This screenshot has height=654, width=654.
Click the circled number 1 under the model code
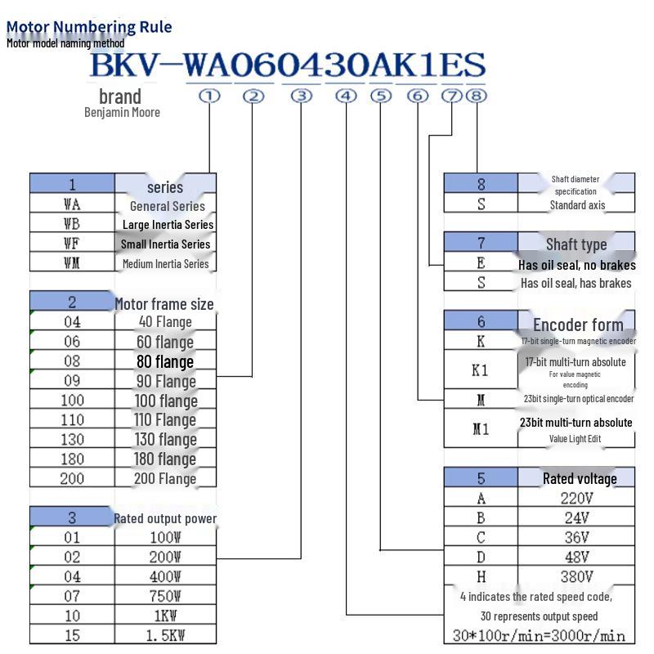pos(210,96)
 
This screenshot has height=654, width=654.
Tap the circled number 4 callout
pos(347,96)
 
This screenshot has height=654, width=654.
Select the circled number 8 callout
pos(477,96)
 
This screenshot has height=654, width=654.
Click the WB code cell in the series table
pos(72,224)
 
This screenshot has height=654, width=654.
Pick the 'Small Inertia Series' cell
pos(165,244)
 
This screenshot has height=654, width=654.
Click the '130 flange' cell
pos(165,440)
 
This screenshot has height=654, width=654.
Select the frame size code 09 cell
pos(72,381)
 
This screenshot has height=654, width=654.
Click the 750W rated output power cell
pos(165,596)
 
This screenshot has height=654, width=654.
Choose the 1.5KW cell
pos(165,635)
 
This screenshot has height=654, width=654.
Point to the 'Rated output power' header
pos(165,518)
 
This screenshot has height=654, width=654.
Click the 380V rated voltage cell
pos(576,576)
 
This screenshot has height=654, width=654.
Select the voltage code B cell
pos(482,517)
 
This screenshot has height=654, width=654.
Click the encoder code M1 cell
pos(482,429)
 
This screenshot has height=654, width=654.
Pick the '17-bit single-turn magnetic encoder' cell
pos(578,341)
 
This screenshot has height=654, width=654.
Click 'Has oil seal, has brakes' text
pos(576,283)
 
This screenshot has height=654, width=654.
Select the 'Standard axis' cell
pos(577,205)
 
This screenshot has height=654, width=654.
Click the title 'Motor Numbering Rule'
pos(89,26)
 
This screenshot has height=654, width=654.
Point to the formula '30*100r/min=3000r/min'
pos(539,635)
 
